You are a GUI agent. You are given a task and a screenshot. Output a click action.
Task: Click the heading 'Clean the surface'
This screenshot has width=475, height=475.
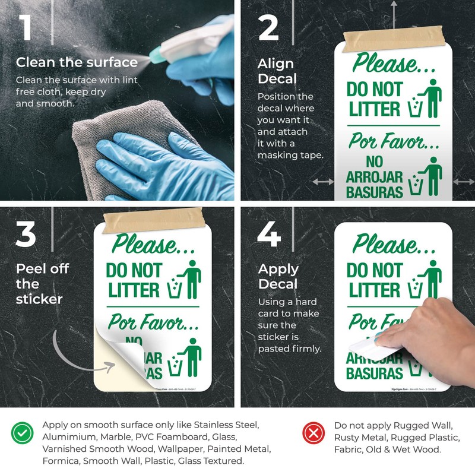tap(77, 62)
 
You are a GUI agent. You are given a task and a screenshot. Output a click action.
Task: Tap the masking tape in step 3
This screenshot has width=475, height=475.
tap(153, 221)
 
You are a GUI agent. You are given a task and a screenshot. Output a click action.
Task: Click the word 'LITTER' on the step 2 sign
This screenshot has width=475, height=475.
tap(374, 109)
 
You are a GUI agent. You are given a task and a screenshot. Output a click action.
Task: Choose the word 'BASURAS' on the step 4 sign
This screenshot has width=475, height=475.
tap(374, 373)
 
